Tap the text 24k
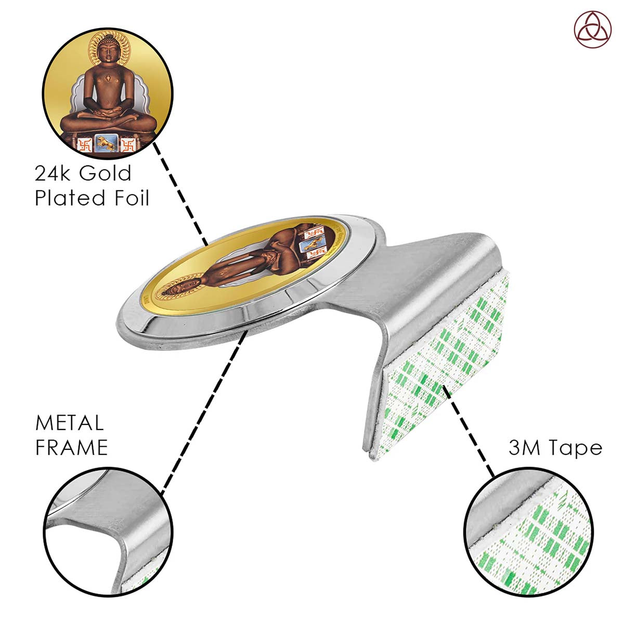51,173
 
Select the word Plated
64,198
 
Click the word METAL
69,423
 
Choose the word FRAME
72,448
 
